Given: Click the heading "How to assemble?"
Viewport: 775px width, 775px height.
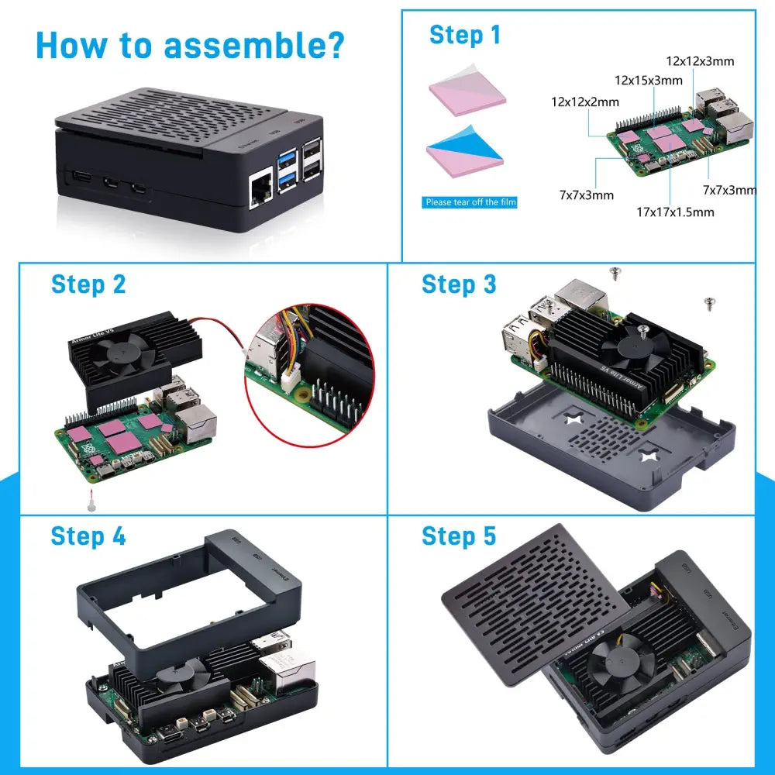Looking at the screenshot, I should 190,46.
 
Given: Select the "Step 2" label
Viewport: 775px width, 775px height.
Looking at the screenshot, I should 88,284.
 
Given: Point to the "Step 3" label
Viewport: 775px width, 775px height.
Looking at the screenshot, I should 459,284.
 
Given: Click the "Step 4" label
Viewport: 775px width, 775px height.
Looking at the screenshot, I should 88,536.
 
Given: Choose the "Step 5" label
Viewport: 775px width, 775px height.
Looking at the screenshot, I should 459,536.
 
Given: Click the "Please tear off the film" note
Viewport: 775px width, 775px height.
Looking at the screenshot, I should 470,202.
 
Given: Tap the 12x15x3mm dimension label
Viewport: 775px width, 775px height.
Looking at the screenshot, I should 648,80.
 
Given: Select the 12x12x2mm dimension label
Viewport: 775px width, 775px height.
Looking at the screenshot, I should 584,102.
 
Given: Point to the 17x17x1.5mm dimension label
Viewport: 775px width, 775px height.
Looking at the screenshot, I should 675,212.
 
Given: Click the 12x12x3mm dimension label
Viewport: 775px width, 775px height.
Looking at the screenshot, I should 700,60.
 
